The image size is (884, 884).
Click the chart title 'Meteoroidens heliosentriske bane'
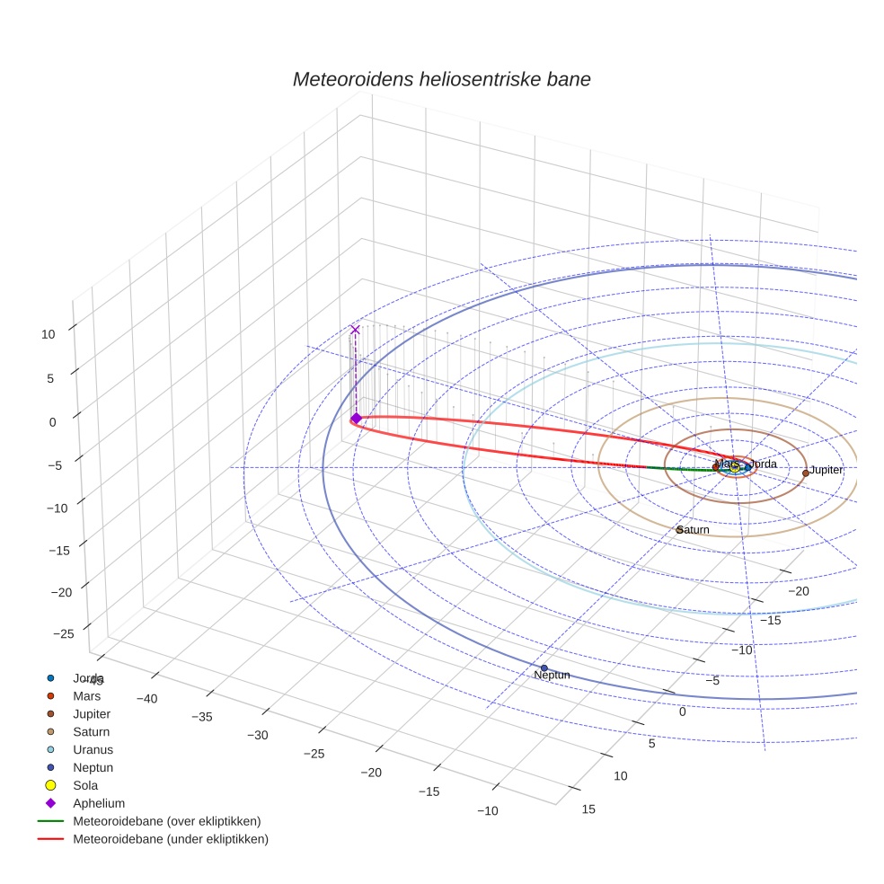coord(441,79)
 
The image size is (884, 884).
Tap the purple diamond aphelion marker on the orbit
coord(356,418)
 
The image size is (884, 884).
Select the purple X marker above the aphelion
coord(355,330)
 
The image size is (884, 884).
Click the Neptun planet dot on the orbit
coord(544,667)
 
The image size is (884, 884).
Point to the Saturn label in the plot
coord(694,530)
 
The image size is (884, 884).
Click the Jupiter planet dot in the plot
coord(805,473)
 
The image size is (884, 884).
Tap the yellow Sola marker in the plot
coord(734,467)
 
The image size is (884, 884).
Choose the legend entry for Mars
coord(86,695)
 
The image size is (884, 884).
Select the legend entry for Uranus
coord(93,749)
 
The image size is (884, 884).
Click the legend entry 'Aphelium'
coord(98,803)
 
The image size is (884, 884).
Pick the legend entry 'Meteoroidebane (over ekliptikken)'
coord(166,821)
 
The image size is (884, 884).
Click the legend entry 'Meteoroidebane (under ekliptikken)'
coord(170,839)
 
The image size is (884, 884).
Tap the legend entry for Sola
coord(85,785)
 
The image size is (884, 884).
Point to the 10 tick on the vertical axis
coord(48,334)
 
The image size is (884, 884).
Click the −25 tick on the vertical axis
coord(64,634)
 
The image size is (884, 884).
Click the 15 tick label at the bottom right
coord(588,809)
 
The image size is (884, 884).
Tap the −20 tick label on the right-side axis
coord(800,590)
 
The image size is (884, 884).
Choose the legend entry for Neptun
coord(93,767)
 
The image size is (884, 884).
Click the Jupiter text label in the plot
coord(827,470)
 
